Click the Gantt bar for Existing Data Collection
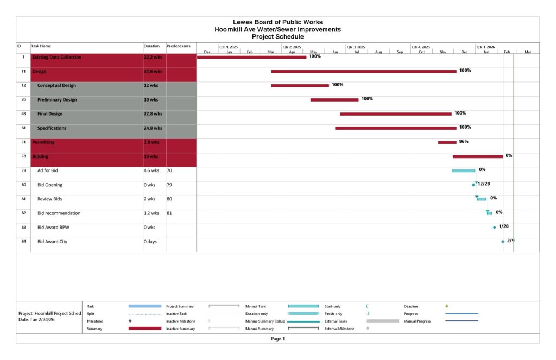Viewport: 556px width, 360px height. coord(251,57)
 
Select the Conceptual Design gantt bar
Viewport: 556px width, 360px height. coord(300,85)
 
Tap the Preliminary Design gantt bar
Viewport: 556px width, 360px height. coord(334,99)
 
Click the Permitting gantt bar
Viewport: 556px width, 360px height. coord(447,142)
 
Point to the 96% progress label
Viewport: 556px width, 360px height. coord(464,141)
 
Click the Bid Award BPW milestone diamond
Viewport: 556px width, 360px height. coord(494,227)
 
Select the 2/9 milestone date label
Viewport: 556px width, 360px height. coord(510,241)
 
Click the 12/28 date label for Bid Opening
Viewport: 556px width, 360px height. coord(484,184)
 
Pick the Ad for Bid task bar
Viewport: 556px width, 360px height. coord(464,170)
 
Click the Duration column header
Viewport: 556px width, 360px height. coord(151,47)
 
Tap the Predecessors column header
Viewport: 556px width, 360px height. coord(178,47)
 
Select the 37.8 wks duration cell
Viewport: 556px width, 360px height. coord(153,71)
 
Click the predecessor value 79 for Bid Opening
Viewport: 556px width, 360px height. coord(169,185)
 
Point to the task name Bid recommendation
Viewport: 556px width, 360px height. coord(59,213)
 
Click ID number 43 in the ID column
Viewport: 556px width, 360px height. coord(23,114)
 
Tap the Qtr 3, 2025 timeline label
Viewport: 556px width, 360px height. coord(356,47)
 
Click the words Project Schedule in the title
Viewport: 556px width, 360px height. coord(277,37)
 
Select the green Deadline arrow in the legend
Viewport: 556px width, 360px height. coord(447,306)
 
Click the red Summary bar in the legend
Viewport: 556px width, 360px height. coord(144,329)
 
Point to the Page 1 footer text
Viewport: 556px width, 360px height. coord(277,339)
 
